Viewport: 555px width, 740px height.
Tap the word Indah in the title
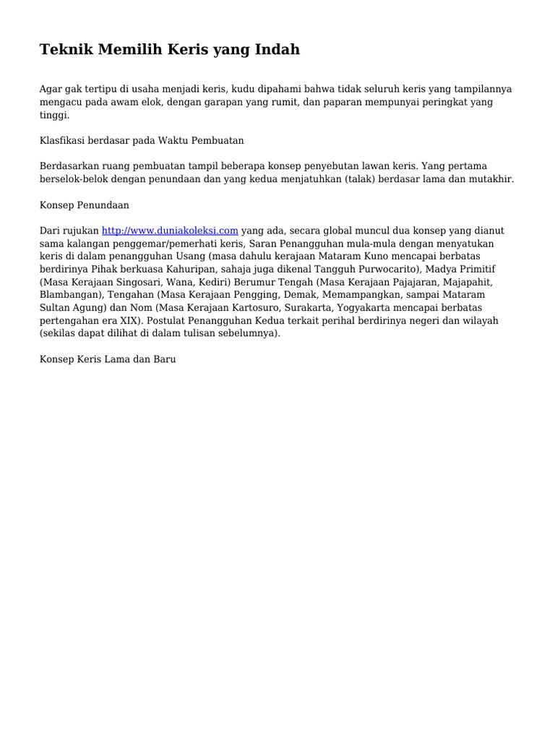point(276,50)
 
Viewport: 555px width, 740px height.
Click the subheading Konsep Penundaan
point(84,205)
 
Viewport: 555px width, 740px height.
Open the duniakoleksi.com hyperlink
point(170,231)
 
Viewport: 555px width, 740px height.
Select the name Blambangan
point(71,295)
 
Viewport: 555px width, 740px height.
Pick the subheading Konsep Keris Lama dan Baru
point(108,358)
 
